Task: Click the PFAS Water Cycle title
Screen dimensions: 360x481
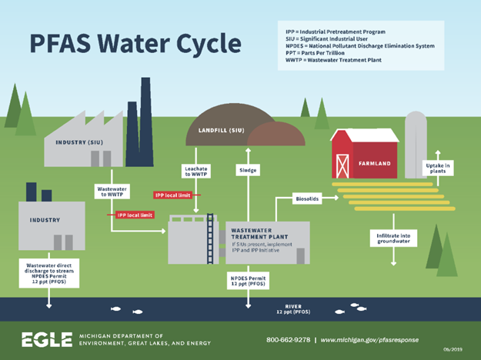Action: (134, 43)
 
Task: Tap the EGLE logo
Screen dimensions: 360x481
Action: (46, 339)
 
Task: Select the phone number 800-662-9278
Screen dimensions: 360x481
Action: (288, 339)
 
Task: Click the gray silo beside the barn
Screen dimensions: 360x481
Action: (416, 142)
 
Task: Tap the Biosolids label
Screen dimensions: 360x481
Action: (308, 198)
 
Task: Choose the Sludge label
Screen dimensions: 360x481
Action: (247, 170)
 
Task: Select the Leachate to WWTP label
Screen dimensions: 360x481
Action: (196, 171)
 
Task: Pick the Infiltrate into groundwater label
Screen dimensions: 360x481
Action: (393, 238)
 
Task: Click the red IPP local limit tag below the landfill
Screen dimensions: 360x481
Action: (177, 195)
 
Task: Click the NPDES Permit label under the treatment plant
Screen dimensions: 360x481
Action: (248, 280)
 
